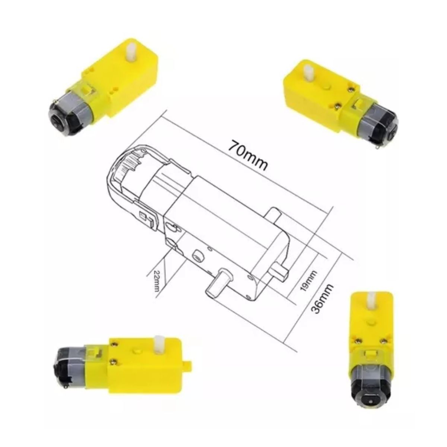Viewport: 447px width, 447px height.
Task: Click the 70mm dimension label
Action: point(248,155)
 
